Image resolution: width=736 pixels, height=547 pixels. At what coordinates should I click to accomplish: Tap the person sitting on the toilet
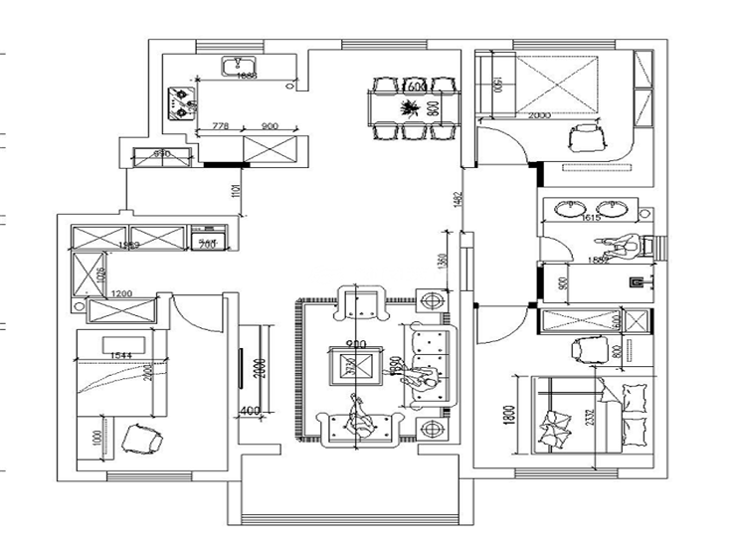(x=627, y=245)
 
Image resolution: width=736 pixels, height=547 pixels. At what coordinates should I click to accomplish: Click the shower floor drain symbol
(x=633, y=281)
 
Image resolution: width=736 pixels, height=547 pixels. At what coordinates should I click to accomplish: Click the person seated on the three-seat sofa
(x=428, y=379)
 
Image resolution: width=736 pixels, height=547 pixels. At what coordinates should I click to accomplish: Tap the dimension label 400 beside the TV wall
(x=249, y=410)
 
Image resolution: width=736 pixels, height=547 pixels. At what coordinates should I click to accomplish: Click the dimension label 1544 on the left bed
(x=121, y=355)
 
